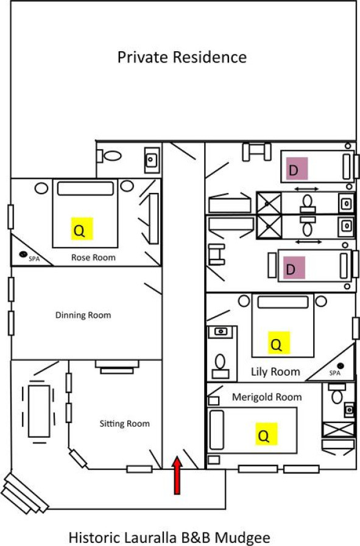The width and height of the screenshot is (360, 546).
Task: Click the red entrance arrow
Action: pyautogui.click(x=177, y=475)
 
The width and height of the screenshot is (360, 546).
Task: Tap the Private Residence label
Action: pyautogui.click(x=182, y=57)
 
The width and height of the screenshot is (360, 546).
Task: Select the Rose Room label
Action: pyautogui.click(x=93, y=257)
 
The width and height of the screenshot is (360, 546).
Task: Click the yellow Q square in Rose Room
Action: pyautogui.click(x=82, y=229)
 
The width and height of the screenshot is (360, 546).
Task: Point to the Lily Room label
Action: pyautogui.click(x=275, y=372)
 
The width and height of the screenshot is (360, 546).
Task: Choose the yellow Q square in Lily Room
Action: pyautogui.click(x=279, y=343)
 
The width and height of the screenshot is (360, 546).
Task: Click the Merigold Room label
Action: pyautogui.click(x=267, y=397)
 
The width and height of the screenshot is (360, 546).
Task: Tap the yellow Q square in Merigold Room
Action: pyautogui.click(x=266, y=434)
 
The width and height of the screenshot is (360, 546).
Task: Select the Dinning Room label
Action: pyautogui.click(x=83, y=315)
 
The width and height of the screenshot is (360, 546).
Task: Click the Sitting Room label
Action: pyautogui.click(x=124, y=424)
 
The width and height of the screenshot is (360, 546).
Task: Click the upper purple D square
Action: pyautogui.click(x=297, y=169)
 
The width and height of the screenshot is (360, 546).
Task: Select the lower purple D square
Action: pyautogui.click(x=294, y=268)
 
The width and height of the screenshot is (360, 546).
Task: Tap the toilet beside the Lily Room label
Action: pyautogui.click(x=221, y=366)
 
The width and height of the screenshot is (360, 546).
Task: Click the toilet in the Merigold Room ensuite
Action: pyautogui.click(x=337, y=393)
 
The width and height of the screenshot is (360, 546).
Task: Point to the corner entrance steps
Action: pyautogui.click(x=24, y=492)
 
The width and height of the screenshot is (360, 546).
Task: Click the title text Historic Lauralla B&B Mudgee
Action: pyautogui.click(x=169, y=537)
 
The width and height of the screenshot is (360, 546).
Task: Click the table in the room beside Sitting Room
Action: pyautogui.click(x=39, y=411)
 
